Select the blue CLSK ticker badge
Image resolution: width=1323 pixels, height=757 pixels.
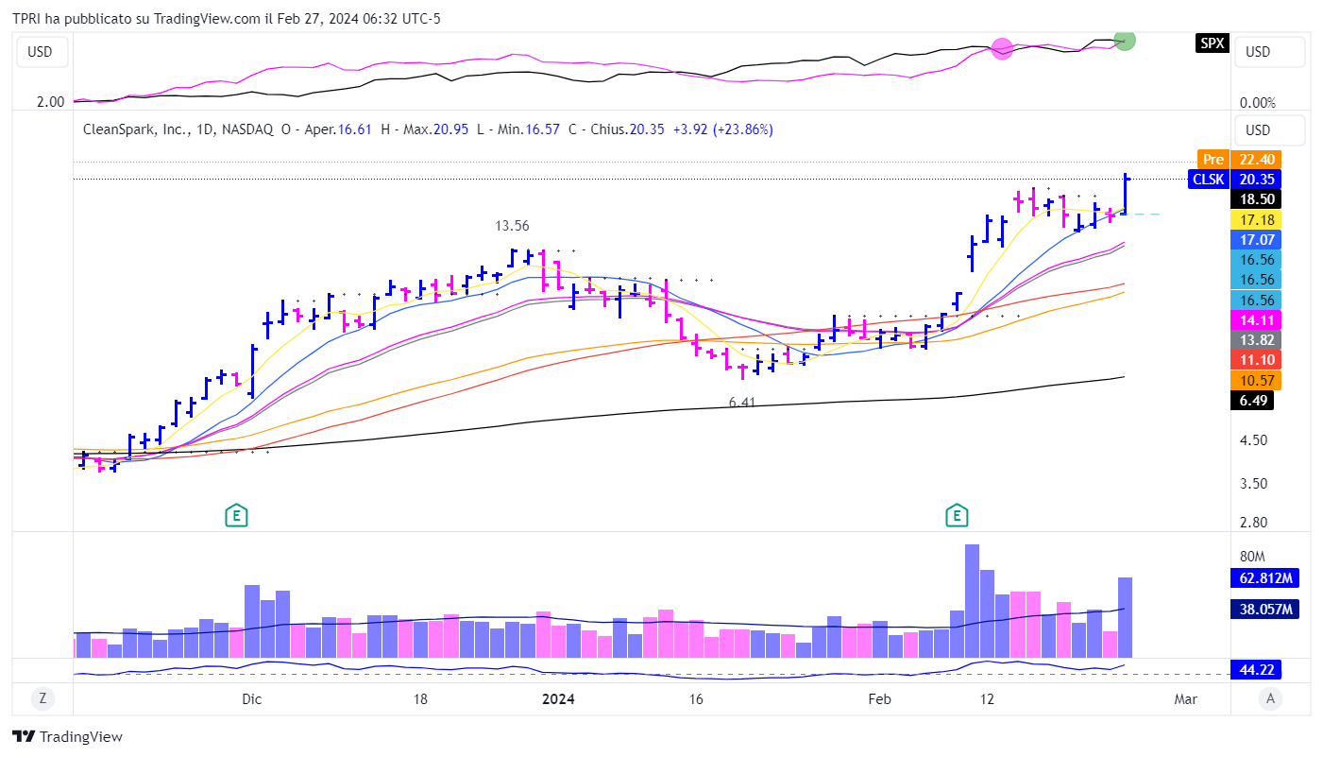tap(1209, 179)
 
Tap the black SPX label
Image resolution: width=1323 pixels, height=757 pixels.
tap(1212, 43)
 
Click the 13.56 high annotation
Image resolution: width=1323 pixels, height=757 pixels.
tap(512, 226)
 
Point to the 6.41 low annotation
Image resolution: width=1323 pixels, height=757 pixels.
tap(743, 403)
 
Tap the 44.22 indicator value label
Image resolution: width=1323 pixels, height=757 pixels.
tap(1257, 670)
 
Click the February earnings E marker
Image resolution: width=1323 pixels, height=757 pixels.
tap(958, 515)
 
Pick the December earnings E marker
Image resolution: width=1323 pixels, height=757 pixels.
tap(236, 515)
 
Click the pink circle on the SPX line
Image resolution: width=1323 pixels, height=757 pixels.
tap(1002, 48)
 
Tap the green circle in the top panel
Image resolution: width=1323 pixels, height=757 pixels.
tap(1124, 40)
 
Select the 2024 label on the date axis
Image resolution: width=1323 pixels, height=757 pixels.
tap(558, 699)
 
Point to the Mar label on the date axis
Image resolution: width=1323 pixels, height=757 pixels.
tap(1185, 699)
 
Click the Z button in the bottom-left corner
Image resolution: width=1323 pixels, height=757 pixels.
tap(42, 699)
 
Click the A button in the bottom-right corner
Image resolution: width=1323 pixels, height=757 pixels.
tap(1271, 699)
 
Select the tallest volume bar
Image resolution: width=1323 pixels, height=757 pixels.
tap(972, 600)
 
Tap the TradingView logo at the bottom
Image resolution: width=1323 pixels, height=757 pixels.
tap(67, 737)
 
